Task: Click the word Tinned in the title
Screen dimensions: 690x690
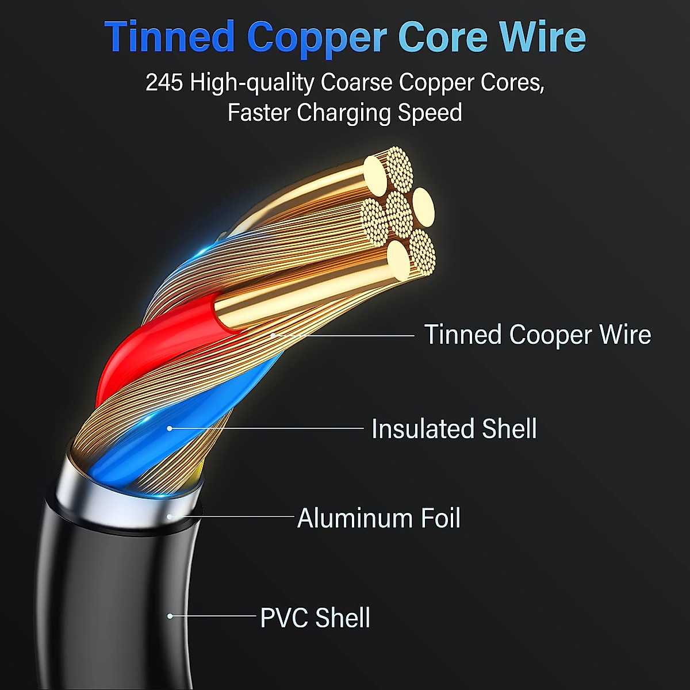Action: point(170,37)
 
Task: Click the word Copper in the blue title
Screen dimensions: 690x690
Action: point(316,38)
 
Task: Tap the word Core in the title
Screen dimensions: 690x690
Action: point(443,37)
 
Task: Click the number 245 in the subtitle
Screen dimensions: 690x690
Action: point(164,83)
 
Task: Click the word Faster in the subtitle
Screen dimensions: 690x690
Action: point(259,113)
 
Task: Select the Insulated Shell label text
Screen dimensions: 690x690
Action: point(454,429)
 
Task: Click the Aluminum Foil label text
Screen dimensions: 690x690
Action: point(379,518)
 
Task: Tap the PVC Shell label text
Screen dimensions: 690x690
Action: point(315,618)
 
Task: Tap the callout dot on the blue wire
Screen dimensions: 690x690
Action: point(170,428)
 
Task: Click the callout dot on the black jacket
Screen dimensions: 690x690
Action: point(170,616)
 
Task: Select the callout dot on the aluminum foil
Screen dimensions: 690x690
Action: point(170,516)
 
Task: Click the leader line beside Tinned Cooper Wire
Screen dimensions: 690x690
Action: point(356,335)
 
